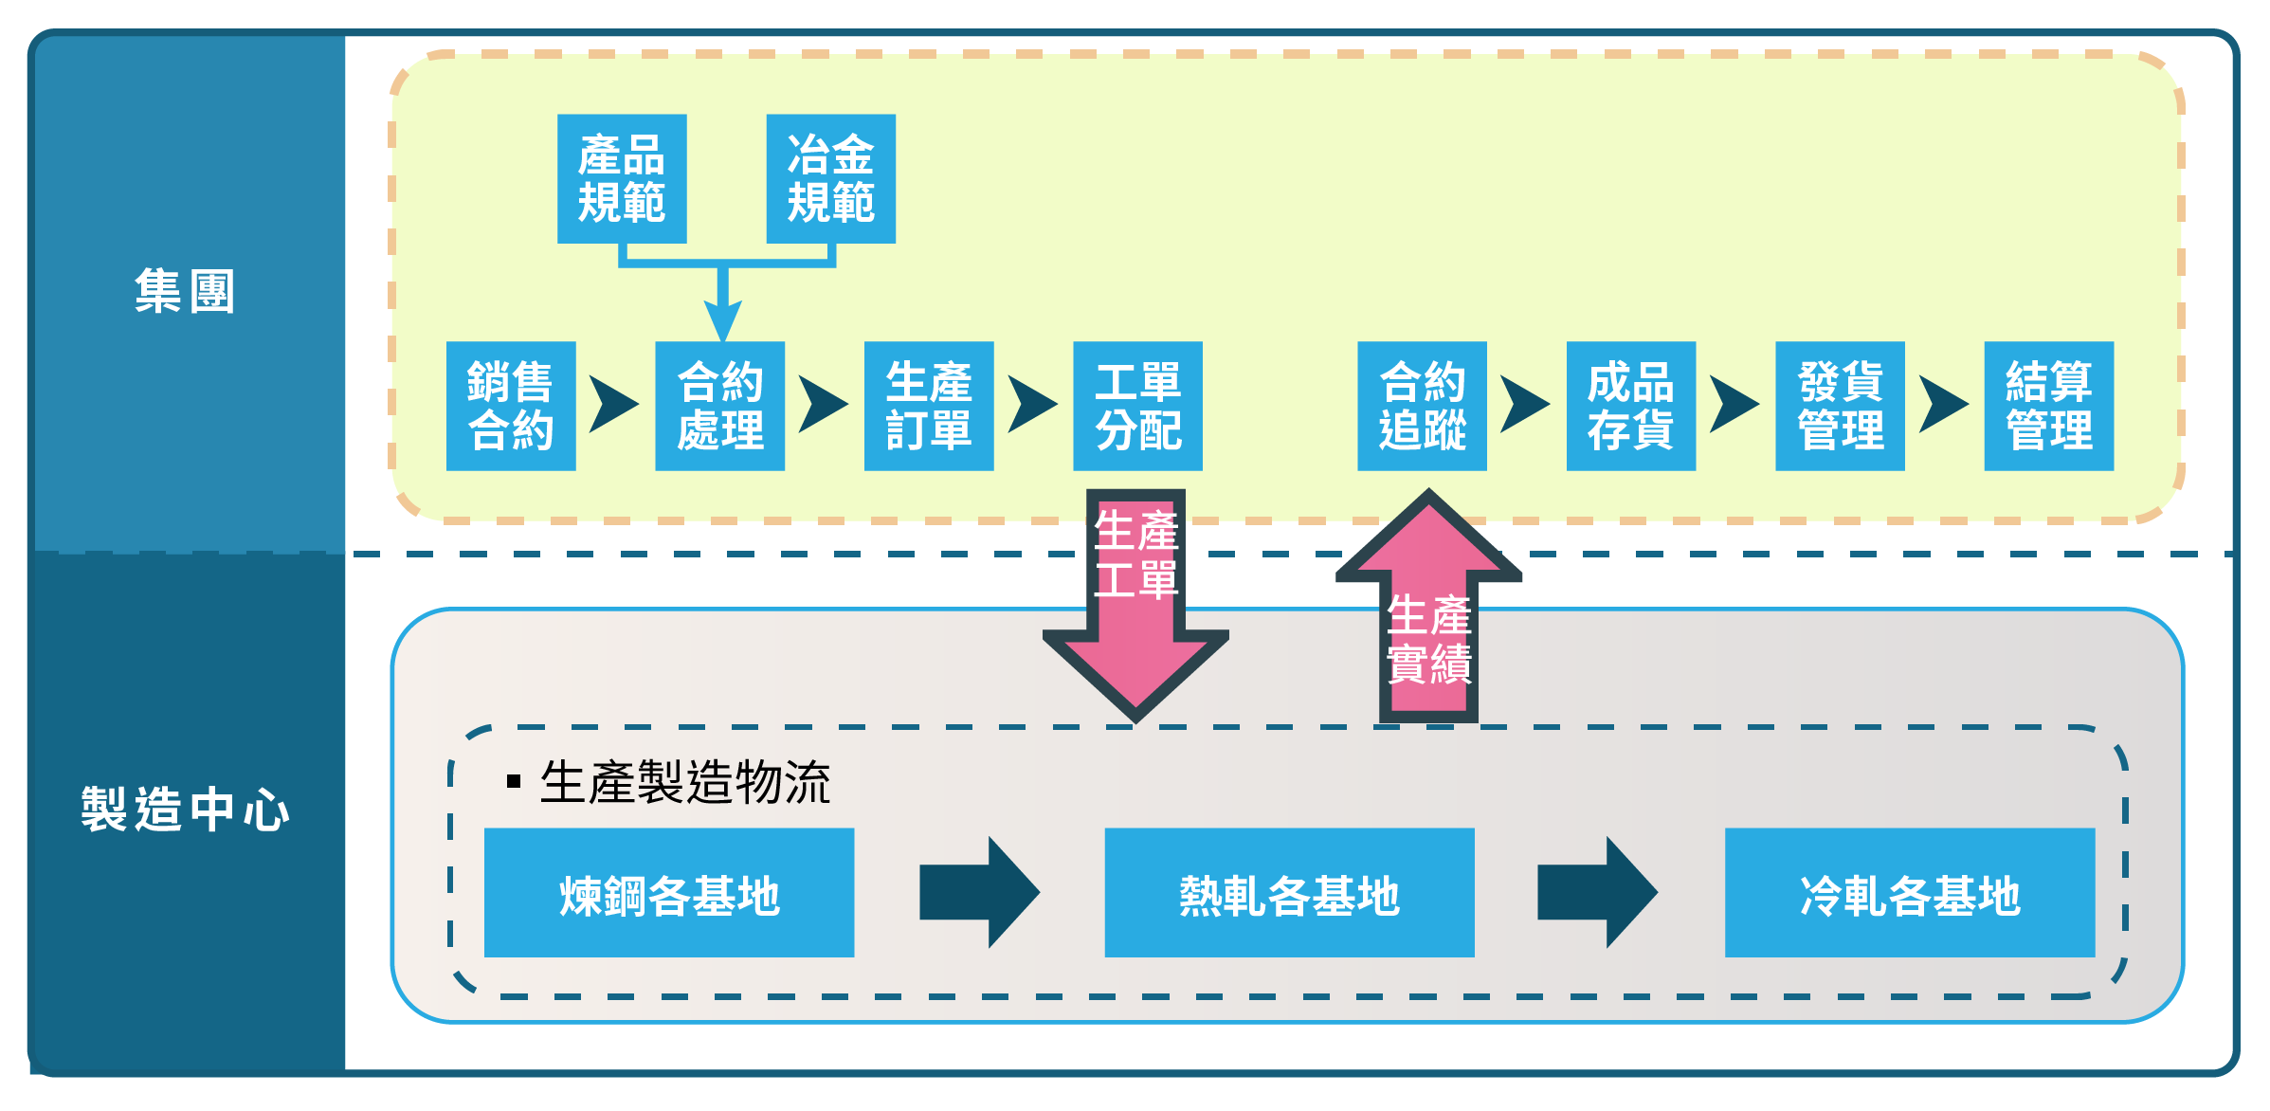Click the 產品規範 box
[x=622, y=179]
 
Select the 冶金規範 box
[x=830, y=179]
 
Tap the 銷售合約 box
[x=511, y=406]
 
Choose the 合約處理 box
[x=720, y=406]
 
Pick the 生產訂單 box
[x=929, y=406]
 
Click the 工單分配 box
[x=1137, y=406]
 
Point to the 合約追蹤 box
[x=1422, y=406]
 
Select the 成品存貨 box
[x=1631, y=406]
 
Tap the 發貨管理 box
[x=1840, y=406]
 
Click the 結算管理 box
[x=2049, y=406]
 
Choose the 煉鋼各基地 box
[x=669, y=893]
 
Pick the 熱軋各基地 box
[x=1289, y=893]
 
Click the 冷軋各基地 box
[x=1910, y=893]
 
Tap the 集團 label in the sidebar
[x=184, y=291]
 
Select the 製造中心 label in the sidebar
[x=185, y=810]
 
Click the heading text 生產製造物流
[x=685, y=782]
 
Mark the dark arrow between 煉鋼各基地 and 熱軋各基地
[x=980, y=892]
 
